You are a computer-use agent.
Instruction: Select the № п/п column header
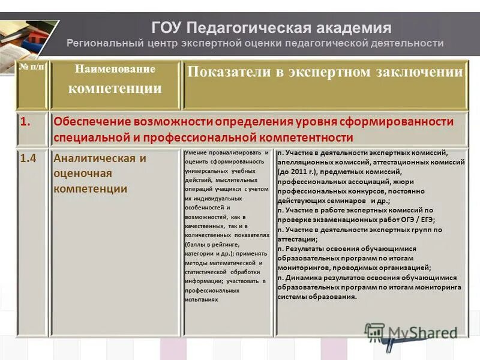pos(31,68)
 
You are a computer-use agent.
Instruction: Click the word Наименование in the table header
pos(115,69)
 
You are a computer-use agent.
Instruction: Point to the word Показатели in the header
pos(224,72)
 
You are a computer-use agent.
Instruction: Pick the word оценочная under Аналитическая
pos(83,173)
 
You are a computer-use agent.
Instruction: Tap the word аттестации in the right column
pos(298,239)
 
